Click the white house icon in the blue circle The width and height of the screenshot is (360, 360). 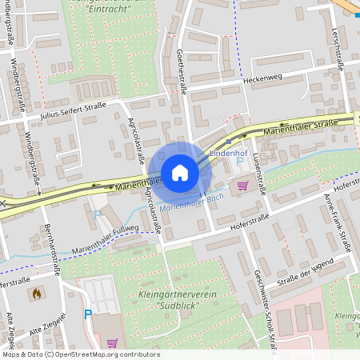[180, 173]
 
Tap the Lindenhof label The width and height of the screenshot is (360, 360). [227, 152]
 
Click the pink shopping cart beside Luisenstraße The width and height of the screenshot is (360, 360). [242, 186]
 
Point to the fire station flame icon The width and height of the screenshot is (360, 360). [37, 294]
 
